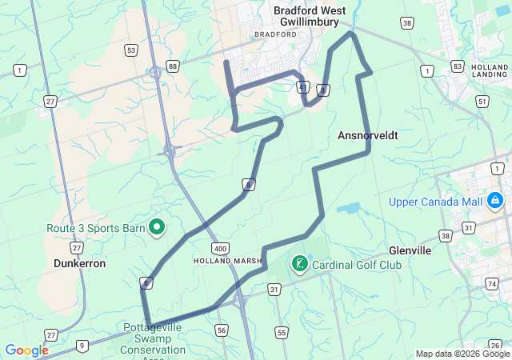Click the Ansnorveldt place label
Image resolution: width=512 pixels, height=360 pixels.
[x=369, y=136]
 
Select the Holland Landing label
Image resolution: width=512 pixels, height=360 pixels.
[x=489, y=71]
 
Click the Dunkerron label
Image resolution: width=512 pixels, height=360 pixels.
[x=79, y=262]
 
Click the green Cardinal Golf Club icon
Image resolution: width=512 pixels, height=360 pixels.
[x=299, y=263]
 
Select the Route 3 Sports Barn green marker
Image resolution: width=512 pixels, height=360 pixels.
[x=158, y=227]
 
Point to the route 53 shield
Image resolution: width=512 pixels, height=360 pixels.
[x=130, y=50]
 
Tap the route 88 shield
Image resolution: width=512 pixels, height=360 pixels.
[x=173, y=66]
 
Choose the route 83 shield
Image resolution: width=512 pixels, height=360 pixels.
[x=457, y=66]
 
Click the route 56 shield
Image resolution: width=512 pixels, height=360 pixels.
[x=222, y=330]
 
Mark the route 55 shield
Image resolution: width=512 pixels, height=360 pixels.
[x=281, y=332]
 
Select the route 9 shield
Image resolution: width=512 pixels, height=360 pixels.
[x=82, y=346]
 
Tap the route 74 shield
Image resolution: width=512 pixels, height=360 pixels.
[x=491, y=283]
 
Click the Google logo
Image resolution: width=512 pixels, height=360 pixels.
[x=26, y=350]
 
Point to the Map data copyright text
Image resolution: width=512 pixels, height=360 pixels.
[x=462, y=354]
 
